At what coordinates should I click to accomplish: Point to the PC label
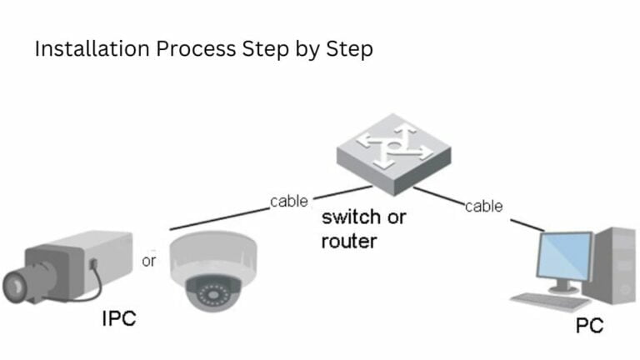click(x=589, y=326)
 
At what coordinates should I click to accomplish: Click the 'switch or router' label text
click(x=363, y=229)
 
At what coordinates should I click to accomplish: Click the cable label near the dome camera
click(x=288, y=201)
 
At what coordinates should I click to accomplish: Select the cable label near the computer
click(x=483, y=206)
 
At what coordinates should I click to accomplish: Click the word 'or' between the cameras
click(x=149, y=261)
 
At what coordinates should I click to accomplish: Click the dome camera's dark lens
click(x=215, y=294)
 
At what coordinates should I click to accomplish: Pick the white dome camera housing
click(x=212, y=254)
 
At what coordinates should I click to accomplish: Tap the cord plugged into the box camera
click(x=98, y=284)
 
